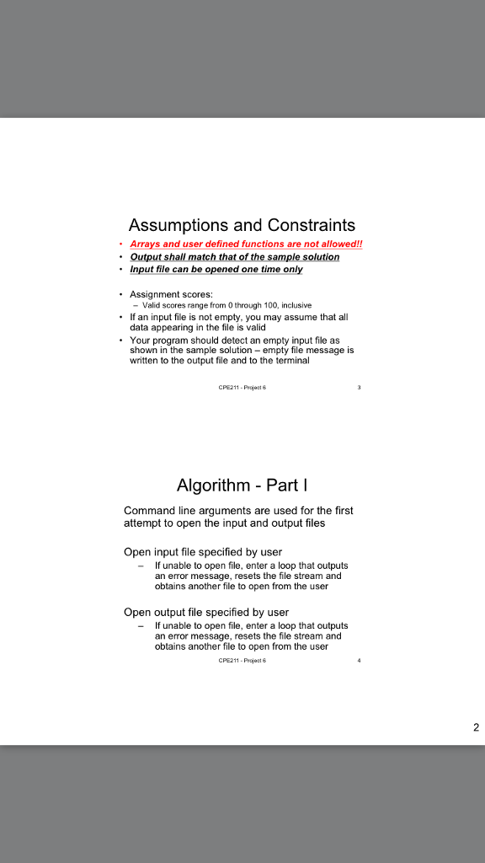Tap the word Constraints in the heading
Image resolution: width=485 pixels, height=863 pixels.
pyautogui.click(x=312, y=226)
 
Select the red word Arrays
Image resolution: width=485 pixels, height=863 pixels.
pyautogui.click(x=147, y=244)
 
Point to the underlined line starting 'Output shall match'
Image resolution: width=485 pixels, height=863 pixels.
pyautogui.click(x=234, y=257)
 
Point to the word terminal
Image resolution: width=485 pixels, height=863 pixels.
pyautogui.click(x=291, y=361)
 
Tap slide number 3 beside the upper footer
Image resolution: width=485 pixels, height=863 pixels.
pyautogui.click(x=359, y=388)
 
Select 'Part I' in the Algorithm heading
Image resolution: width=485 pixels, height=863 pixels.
pyautogui.click(x=286, y=485)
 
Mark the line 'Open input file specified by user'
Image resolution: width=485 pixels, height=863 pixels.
pyautogui.click(x=202, y=552)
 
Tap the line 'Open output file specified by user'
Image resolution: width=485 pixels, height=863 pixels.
pyautogui.click(x=205, y=612)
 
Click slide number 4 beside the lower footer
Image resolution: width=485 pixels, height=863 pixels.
pyautogui.click(x=359, y=661)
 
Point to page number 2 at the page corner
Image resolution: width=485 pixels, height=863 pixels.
pyautogui.click(x=476, y=728)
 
